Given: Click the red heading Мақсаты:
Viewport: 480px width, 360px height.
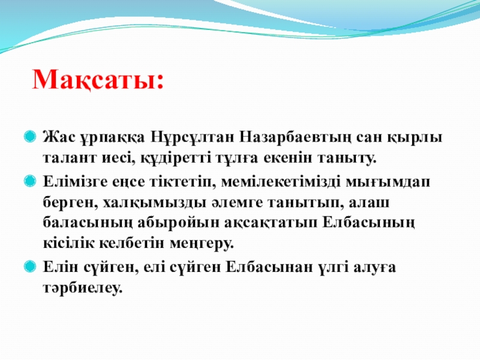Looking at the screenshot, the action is click(98, 80).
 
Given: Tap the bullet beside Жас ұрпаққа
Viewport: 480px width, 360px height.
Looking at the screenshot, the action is click(30, 136).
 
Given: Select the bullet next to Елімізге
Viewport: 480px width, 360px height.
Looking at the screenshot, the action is click(30, 181).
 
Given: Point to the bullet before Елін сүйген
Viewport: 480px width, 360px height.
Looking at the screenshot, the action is click(30, 266).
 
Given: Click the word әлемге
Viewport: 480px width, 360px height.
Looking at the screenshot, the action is click(237, 203).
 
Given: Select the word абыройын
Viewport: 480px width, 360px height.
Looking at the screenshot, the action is click(178, 223).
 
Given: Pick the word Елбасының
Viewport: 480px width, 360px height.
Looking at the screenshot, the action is click(368, 223).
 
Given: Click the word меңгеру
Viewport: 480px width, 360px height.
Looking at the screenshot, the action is click(202, 244).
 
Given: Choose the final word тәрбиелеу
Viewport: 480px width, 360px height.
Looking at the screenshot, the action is click(82, 288).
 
